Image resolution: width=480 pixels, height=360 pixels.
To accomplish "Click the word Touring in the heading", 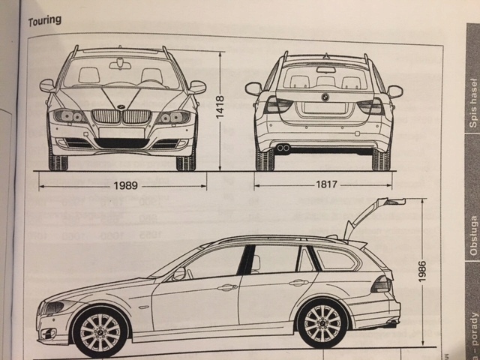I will pos(45,20).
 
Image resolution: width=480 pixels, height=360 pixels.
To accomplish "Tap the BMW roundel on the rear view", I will pos(325,97).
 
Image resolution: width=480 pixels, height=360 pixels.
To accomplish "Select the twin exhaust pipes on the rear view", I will pos(283,148).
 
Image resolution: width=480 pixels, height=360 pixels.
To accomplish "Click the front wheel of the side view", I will pos(99,331).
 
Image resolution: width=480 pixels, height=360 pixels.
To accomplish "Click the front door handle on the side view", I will pos(226,287).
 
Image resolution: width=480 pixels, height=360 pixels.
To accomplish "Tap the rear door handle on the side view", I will pos(298,283).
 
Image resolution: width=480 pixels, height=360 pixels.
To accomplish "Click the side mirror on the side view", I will pos(178,274).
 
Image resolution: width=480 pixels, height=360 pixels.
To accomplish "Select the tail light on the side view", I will pos(380,284).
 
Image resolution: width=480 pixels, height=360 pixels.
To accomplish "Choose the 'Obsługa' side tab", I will pos(472,235).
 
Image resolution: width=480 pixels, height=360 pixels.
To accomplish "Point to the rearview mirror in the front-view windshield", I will pos(120,65).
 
